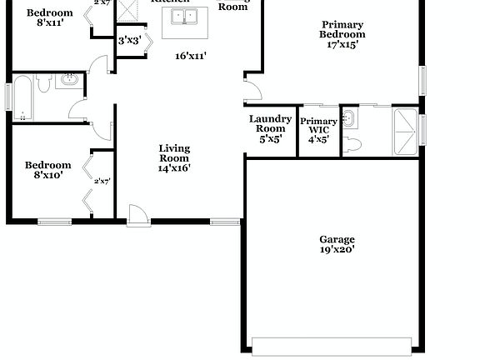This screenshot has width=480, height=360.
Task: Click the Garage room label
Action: click(337, 238)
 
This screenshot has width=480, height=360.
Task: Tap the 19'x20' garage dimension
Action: click(337, 249)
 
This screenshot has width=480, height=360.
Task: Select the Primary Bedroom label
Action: click(342, 30)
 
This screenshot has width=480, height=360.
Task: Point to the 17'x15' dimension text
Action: click(342, 45)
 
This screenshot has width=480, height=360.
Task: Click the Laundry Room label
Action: click(271, 124)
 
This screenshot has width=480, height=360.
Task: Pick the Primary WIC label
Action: click(318, 127)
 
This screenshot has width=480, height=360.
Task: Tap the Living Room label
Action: click(174, 153)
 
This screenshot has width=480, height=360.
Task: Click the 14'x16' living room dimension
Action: click(174, 167)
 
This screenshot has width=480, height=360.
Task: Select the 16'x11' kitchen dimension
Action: click(191, 56)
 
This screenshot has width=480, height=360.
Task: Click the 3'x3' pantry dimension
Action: click(129, 40)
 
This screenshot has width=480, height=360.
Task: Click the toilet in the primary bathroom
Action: click(353, 145)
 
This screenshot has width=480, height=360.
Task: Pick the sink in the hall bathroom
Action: click(67, 81)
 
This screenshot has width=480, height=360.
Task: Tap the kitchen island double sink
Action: click(188, 17)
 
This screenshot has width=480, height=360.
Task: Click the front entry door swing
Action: click(137, 214)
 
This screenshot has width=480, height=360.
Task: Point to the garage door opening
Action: click(332, 344)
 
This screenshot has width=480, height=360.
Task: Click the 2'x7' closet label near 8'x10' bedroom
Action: click(102, 181)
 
